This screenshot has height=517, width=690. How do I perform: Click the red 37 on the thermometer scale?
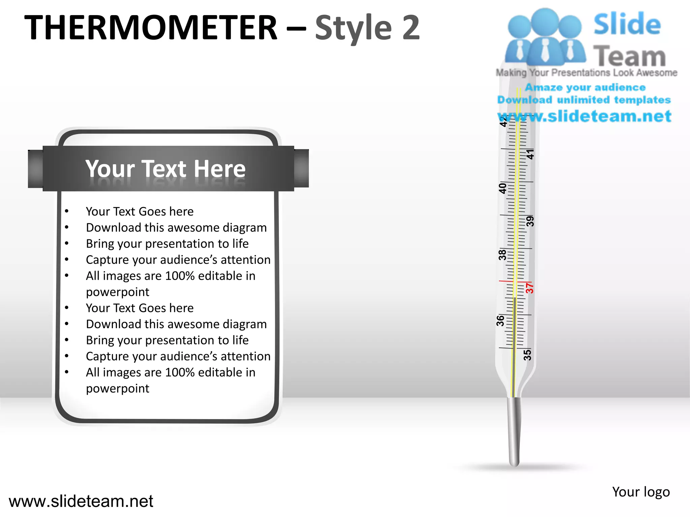coord(530,288)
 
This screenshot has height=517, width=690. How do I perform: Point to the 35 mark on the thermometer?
coord(527,355)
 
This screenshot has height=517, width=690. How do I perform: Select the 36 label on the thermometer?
coord(501,321)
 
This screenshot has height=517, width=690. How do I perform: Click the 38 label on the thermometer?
coord(502,255)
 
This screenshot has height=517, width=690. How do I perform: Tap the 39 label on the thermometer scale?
coord(530,221)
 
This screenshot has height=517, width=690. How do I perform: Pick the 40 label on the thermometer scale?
coord(502,188)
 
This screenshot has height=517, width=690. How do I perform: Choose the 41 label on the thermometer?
coord(530,154)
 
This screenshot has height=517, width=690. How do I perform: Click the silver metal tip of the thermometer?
coord(514,431)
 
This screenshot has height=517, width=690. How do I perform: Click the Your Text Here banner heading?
coord(165,169)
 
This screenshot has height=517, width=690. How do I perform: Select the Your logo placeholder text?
coord(641,492)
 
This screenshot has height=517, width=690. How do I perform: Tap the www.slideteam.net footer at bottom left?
coord(81,501)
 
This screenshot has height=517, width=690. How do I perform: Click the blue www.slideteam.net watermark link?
coord(585,116)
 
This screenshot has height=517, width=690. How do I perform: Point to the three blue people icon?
coord(545,37)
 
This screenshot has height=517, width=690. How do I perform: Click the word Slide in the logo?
coord(627,24)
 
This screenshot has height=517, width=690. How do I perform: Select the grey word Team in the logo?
coord(629,56)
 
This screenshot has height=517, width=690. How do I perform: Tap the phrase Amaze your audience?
coord(585,88)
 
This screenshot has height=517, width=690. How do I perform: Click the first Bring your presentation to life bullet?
coord(167,244)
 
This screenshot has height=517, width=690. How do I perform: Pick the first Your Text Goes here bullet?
coord(139,211)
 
